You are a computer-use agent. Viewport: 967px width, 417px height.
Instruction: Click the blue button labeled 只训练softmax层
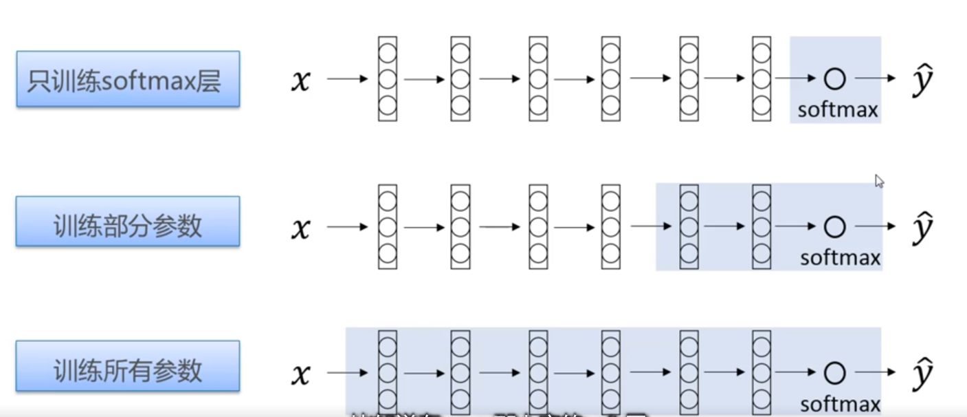pos(128,79)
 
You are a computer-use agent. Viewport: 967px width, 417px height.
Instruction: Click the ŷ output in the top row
pos(922,81)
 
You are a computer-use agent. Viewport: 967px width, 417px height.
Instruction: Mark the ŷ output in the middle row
pos(922,228)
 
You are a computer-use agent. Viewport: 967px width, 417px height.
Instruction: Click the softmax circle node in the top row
pos(834,79)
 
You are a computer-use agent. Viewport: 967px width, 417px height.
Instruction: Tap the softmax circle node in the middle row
pos(834,226)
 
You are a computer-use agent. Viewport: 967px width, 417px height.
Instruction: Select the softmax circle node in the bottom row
pos(834,373)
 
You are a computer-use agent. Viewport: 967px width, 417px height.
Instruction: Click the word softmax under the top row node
pos(838,109)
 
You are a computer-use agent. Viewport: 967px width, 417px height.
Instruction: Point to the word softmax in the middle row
pos(841,257)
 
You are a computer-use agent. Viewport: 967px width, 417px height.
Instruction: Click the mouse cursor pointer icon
pos(879,181)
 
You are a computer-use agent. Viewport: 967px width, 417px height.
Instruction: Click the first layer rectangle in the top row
pos(388,79)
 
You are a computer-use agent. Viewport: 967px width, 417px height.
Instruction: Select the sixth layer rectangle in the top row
pos(761,79)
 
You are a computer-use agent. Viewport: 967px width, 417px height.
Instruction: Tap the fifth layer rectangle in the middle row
pos(689,226)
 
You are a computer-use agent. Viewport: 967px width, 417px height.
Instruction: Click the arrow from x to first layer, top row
pos(348,78)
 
